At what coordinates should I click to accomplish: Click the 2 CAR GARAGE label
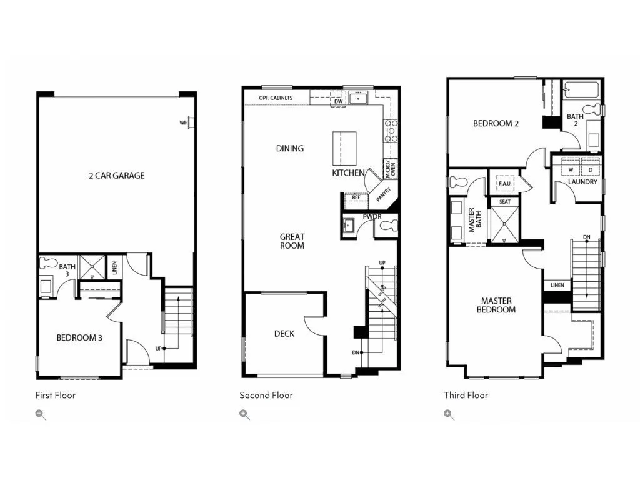(116, 176)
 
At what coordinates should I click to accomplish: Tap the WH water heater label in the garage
(184, 123)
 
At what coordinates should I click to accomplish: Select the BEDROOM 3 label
(79, 338)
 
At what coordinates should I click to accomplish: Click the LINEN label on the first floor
(114, 267)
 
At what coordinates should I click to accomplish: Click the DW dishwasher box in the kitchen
(338, 101)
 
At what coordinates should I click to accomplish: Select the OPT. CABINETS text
(276, 98)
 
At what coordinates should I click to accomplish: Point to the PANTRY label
(383, 194)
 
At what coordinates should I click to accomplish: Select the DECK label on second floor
(284, 334)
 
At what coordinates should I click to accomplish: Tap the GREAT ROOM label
(292, 241)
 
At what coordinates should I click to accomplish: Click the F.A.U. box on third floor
(505, 183)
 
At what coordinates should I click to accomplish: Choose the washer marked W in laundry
(571, 169)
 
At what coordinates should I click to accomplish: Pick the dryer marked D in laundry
(590, 169)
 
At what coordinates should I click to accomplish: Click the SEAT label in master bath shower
(505, 202)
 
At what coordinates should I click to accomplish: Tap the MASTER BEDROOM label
(496, 305)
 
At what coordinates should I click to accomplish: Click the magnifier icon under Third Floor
(448, 414)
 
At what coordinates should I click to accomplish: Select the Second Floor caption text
(266, 395)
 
